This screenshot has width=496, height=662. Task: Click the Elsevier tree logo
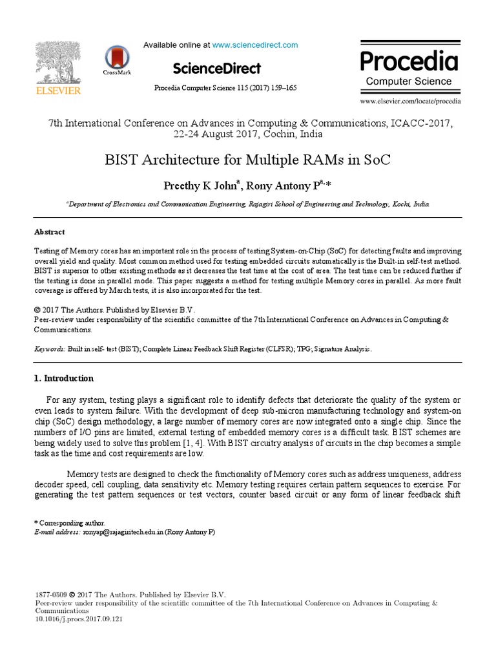click(58, 63)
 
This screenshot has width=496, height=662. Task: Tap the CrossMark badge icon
click(116, 58)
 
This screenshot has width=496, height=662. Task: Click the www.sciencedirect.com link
click(255, 45)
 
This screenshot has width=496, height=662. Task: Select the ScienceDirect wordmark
click(216, 69)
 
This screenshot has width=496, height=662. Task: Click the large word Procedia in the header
click(409, 61)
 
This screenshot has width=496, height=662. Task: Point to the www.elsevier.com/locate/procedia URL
click(410, 101)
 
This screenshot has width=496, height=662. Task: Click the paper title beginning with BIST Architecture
click(247, 160)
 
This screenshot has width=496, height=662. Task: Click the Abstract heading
click(49, 232)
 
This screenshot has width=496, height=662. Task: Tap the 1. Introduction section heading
click(63, 378)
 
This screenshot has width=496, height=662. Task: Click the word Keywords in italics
click(49, 348)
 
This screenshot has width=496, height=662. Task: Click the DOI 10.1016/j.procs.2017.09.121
click(78, 619)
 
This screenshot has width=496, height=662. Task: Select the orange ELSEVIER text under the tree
click(58, 91)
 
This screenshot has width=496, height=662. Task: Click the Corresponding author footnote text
click(71, 522)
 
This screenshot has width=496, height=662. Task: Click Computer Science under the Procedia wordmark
click(409, 81)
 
